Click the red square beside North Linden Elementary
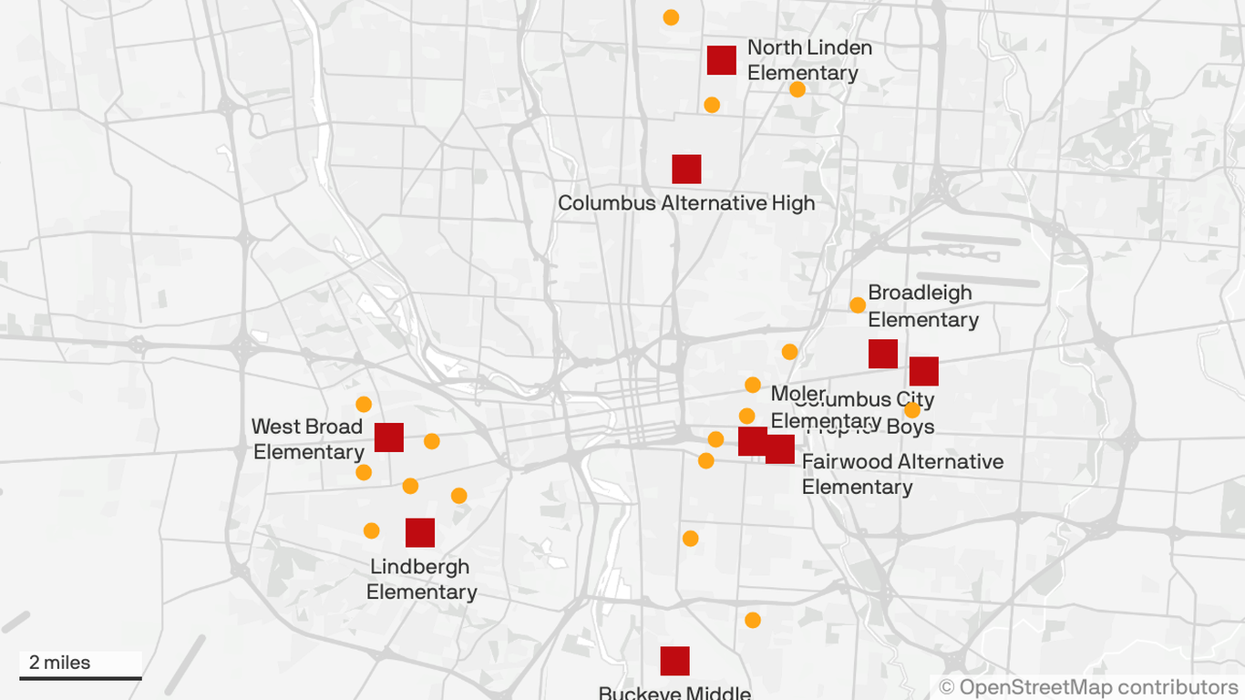722,60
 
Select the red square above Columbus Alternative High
686,170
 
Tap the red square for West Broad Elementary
389,437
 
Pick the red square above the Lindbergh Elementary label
420,532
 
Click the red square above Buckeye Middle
674,661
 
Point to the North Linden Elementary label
808,60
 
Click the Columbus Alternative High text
685,203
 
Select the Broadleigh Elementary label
921,306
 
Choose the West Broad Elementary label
308,439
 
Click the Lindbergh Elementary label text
421,579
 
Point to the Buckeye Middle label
674,693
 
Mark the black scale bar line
80,678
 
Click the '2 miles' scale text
60,663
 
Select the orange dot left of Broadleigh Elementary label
858,305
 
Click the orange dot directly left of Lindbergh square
371,530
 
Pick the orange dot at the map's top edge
671,17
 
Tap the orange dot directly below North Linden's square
712,105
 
